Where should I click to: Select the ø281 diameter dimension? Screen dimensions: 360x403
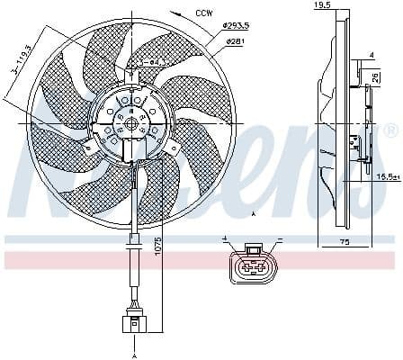coord(236,41)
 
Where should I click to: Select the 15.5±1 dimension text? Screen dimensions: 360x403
coord(387,176)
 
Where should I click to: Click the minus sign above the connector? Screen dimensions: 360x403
coord(282,239)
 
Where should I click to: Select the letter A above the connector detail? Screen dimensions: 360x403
coord(255,214)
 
